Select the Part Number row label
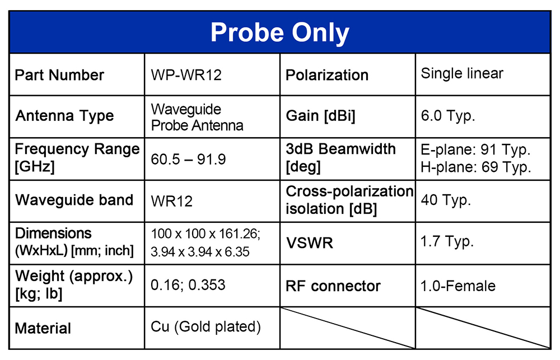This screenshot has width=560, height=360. (59, 75)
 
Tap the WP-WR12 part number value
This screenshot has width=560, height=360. (186, 75)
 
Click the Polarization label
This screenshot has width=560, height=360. (327, 75)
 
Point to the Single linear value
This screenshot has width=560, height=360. (462, 73)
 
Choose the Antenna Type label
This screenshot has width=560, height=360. (64, 116)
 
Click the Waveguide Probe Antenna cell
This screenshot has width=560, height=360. (197, 117)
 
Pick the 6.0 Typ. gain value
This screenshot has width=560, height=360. (448, 116)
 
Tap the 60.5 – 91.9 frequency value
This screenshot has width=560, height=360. (188, 160)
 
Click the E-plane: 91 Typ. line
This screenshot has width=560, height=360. (475, 149)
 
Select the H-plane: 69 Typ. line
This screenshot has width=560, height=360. (475, 167)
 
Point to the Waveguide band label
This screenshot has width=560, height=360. (74, 200)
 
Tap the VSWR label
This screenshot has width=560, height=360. (309, 243)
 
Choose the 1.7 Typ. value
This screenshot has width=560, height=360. (447, 242)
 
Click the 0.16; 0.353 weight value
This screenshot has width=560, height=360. (188, 285)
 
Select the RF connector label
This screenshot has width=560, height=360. (333, 286)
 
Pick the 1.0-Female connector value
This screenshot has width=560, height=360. (458, 286)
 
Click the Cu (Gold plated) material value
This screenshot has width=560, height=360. (206, 327)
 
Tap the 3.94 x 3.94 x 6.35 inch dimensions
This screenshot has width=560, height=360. (200, 252)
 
